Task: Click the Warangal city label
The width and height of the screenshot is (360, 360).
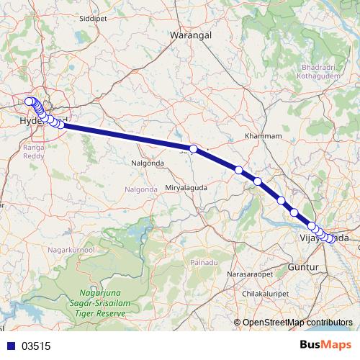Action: click(189, 34)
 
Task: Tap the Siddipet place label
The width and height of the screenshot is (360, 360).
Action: click(92, 17)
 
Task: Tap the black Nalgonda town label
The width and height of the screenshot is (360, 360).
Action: click(147, 163)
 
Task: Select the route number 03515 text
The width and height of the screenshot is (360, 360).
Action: click(36, 346)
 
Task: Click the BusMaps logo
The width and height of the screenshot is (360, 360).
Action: click(325, 345)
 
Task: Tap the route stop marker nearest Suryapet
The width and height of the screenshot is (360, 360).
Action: click(193, 148)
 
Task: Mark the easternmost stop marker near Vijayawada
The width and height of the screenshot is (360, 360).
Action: click(331, 240)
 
